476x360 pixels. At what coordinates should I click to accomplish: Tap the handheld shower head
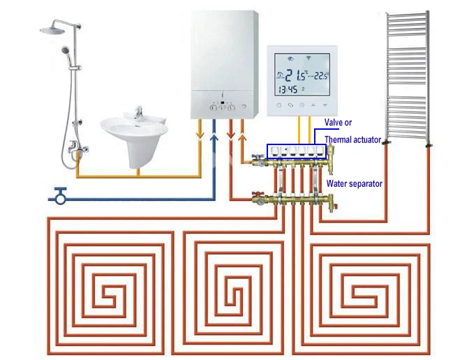click(65, 50)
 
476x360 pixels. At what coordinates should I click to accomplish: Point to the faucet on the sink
click(138, 112)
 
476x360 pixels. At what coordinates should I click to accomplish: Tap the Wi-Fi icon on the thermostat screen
click(308, 58)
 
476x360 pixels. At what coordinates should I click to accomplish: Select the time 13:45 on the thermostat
click(288, 89)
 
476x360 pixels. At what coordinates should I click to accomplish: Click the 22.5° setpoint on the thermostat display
click(321, 75)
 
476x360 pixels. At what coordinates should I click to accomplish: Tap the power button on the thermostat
click(279, 105)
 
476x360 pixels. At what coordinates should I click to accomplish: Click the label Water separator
click(355, 183)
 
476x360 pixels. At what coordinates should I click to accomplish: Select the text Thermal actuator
click(352, 140)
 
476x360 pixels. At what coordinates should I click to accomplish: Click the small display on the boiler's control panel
click(223, 103)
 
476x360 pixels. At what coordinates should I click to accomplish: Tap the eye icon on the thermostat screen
click(291, 59)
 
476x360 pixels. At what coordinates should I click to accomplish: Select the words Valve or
click(338, 122)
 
